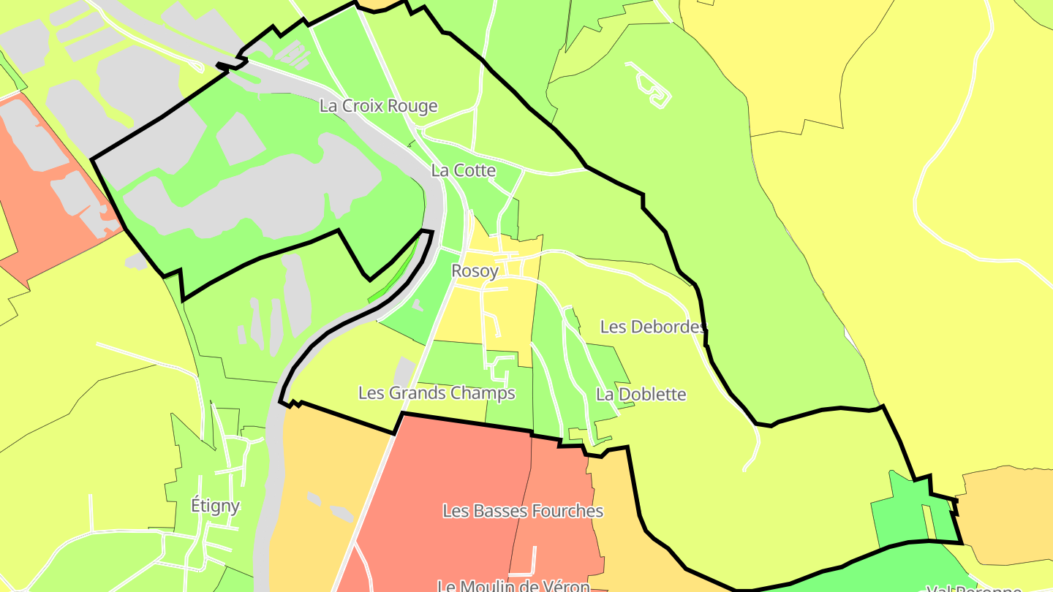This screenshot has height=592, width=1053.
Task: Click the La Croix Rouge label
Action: pyautogui.click(x=378, y=106)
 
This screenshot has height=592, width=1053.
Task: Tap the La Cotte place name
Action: pyautogui.click(x=464, y=170)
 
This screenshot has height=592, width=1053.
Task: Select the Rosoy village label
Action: pyautogui.click(x=475, y=271)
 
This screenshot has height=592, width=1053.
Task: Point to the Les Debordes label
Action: pyautogui.click(x=653, y=327)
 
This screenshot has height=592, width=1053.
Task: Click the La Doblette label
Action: pyautogui.click(x=641, y=395)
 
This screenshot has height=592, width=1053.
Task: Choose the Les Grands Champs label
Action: pyautogui.click(x=437, y=393)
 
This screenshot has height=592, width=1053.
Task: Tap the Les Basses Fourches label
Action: pyautogui.click(x=523, y=511)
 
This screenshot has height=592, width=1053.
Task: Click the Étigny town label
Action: pyautogui.click(x=215, y=505)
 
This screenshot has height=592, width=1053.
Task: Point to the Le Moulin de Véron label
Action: pyautogui.click(x=513, y=586)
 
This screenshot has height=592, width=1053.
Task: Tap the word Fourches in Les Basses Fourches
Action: pyautogui.click(x=567, y=511)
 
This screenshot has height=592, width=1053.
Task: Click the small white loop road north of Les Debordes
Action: pyautogui.click(x=650, y=86)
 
